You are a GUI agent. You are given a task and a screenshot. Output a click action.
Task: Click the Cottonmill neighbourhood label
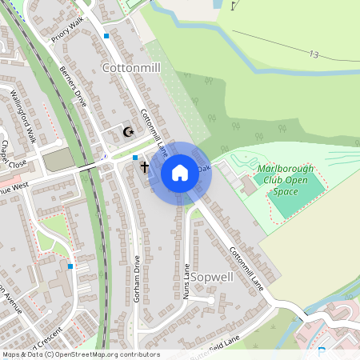point(132,69)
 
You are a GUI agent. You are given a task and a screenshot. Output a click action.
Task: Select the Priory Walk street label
point(67,31)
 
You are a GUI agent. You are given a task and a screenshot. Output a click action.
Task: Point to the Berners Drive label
point(73,87)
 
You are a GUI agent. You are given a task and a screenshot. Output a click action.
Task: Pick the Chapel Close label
point(14,153)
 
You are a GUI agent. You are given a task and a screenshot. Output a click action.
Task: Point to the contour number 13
point(314,54)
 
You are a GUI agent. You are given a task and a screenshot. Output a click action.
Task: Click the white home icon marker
point(180,173)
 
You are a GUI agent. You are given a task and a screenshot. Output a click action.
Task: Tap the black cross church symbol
point(145,168)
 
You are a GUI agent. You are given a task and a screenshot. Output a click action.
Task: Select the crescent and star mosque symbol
point(126,131)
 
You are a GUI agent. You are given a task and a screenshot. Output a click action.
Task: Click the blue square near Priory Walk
point(106,36)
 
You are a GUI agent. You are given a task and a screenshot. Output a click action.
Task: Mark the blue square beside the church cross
point(135,158)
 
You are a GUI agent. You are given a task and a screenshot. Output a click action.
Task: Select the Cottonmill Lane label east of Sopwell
point(246,267)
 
